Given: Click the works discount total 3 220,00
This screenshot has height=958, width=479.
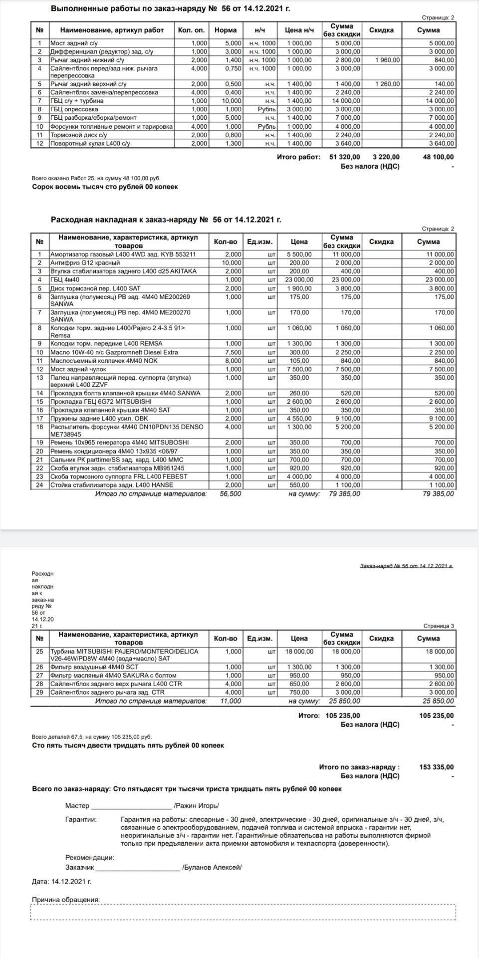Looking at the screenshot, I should click(x=386, y=157).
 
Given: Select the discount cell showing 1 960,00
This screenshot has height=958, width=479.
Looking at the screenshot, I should click(x=387, y=60).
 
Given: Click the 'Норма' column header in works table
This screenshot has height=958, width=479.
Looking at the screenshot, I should click(x=226, y=30).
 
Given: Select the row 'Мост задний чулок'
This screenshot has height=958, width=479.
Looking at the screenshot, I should click(x=78, y=369).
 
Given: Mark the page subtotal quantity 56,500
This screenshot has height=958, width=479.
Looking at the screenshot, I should click(x=231, y=493).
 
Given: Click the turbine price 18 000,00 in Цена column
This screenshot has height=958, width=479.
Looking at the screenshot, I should click(x=299, y=652).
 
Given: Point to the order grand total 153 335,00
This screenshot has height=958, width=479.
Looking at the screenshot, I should click(x=437, y=767).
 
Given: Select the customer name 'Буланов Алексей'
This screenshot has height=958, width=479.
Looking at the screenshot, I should click(x=212, y=867).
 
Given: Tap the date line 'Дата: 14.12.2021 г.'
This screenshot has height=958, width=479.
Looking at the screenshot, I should click(x=61, y=881).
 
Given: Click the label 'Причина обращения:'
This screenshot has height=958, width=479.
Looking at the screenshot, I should click(x=65, y=900).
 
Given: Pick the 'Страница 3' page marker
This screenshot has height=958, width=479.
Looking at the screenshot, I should click(x=439, y=626).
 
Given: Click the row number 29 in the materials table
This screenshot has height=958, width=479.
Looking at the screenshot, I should click(x=40, y=693).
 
